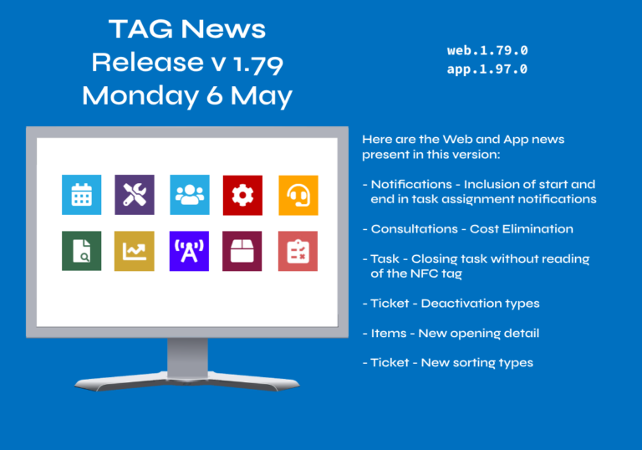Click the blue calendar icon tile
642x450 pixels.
[81, 195]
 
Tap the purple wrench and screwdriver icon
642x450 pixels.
[135, 195]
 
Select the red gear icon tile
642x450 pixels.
[242, 195]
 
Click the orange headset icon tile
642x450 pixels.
[298, 195]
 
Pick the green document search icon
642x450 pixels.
[81, 251]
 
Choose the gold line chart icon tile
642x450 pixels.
[135, 251]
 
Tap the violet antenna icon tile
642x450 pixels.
[189, 251]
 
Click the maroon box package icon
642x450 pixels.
[242, 251]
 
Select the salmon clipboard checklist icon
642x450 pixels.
[298, 251]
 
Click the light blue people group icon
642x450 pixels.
[190, 195]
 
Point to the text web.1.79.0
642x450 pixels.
[487, 50]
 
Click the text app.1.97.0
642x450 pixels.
[487, 69]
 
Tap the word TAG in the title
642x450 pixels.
[140, 29]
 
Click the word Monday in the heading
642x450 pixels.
[140, 97]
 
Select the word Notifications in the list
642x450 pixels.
[411, 184]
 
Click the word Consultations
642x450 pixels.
[415, 228]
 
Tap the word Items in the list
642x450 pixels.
[389, 333]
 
